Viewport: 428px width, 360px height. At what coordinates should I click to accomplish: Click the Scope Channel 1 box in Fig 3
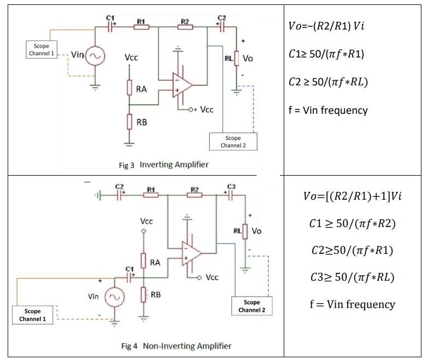tap(41, 50)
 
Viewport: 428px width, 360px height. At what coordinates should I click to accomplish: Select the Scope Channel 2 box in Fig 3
tap(233, 142)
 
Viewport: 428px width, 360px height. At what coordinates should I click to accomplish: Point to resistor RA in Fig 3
tap(130, 88)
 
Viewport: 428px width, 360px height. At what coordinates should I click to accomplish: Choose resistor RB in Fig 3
tap(130, 122)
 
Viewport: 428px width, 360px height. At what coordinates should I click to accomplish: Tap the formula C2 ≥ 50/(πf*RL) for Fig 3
tap(327, 82)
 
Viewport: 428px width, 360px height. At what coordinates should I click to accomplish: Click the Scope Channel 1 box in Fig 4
tap(32, 315)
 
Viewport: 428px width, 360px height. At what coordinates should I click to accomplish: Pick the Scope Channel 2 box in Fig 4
tap(252, 306)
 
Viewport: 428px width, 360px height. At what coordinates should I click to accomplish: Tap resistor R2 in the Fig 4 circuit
tap(193, 196)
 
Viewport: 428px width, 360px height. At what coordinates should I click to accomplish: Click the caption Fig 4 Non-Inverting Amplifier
tap(176, 346)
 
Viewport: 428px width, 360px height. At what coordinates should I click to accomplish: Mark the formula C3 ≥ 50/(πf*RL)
tap(351, 277)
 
